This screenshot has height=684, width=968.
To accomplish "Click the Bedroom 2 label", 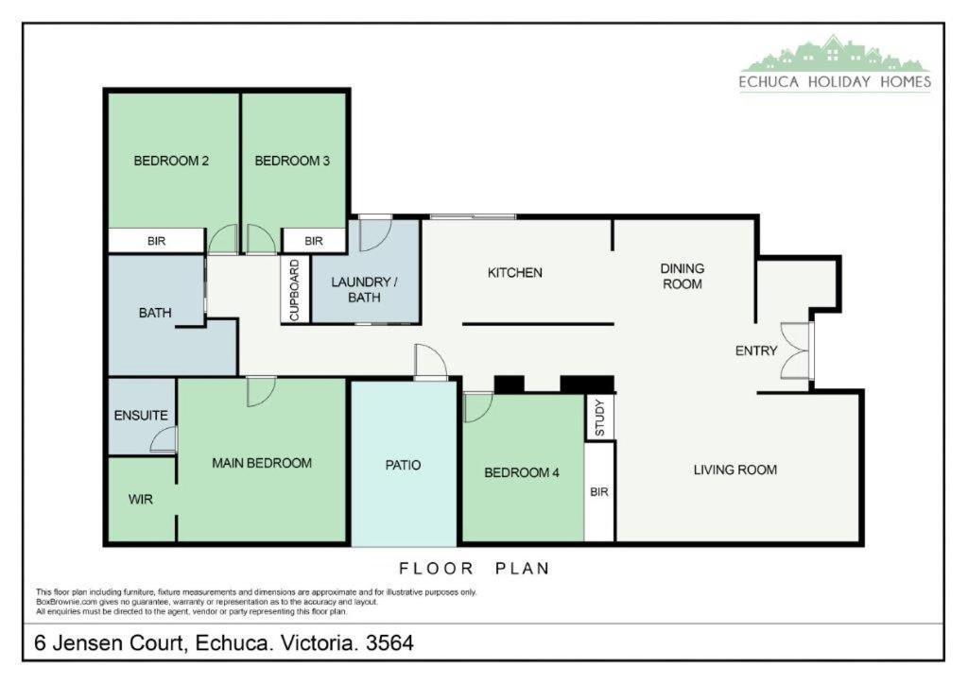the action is pyautogui.click(x=171, y=161).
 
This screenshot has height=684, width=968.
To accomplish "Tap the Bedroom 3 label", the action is pyautogui.click(x=292, y=161).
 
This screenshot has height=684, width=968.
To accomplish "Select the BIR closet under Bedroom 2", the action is pyautogui.click(x=156, y=241).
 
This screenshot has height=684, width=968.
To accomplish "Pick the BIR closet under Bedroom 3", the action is pyautogui.click(x=314, y=241).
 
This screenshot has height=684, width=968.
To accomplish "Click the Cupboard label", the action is pyautogui.click(x=295, y=290).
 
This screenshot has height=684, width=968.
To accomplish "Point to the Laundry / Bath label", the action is pyautogui.click(x=364, y=290).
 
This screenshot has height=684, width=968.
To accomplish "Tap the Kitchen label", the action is pyautogui.click(x=515, y=273).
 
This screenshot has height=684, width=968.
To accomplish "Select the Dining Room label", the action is pyautogui.click(x=683, y=276).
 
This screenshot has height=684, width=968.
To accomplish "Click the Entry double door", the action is pyautogui.click(x=795, y=351).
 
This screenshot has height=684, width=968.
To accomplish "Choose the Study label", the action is pyautogui.click(x=599, y=419).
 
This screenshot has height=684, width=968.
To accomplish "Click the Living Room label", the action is pyautogui.click(x=735, y=470).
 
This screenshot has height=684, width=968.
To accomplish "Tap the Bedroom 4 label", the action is pyautogui.click(x=522, y=473).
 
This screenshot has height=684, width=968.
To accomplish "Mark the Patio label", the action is pyautogui.click(x=403, y=465).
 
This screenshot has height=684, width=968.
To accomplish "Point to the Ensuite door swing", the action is pyautogui.click(x=164, y=439).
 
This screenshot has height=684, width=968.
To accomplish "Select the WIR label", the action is pyautogui.click(x=140, y=500).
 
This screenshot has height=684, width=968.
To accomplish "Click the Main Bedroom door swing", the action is pyautogui.click(x=261, y=392).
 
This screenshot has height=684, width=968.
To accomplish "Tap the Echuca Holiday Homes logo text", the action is pyautogui.click(x=836, y=81).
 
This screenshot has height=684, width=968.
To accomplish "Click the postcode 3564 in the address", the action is pyautogui.click(x=389, y=643).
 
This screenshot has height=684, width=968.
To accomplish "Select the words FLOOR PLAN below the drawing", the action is pyautogui.click(x=475, y=568).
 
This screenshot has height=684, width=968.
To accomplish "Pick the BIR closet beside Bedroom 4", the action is pyautogui.click(x=599, y=491).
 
